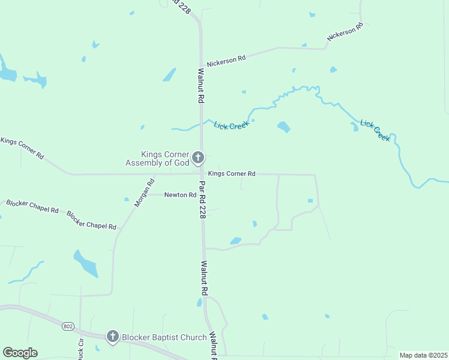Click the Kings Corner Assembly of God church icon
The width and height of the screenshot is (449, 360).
[198, 158]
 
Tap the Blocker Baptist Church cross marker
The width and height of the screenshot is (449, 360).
[112, 337]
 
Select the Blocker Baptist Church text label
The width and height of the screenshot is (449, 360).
[164, 338]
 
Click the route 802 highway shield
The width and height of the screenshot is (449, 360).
[67, 326]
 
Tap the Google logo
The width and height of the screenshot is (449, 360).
[20, 353]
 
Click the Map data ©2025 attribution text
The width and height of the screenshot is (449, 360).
[423, 355]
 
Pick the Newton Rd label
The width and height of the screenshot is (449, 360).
[180, 195]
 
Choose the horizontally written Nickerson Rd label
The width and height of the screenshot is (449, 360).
[226, 61]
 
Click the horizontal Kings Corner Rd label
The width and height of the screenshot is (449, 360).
[232, 174]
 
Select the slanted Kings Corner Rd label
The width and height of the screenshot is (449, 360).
[22, 148]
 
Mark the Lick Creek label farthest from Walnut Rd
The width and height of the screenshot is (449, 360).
[375, 130]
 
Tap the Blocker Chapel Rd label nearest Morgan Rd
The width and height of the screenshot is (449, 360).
[91, 221]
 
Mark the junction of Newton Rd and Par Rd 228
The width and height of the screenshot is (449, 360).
[202, 195]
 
